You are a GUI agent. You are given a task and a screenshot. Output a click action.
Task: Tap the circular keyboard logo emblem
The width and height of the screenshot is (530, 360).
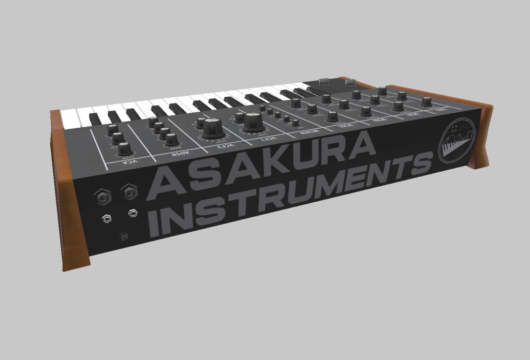pyautogui.click(x=456, y=141)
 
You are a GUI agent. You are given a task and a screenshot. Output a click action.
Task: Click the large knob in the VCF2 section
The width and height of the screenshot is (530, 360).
pyautogui.click(x=212, y=127)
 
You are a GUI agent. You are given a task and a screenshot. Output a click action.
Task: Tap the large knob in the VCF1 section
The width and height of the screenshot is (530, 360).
pyautogui.click(x=253, y=122)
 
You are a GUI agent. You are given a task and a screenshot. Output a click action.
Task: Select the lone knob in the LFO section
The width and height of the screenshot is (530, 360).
pyautogui.click(x=426, y=101)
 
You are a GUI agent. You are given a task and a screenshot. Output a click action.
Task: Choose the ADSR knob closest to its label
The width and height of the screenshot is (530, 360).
pyautogui.click(x=172, y=139)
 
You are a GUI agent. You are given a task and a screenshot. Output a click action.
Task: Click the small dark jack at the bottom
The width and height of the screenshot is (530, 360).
pyautogui.click(x=123, y=236)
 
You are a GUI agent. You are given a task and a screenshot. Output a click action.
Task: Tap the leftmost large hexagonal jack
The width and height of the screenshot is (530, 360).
pyautogui.click(x=103, y=197)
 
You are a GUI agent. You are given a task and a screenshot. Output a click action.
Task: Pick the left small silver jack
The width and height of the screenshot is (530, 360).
pyautogui.click(x=107, y=219)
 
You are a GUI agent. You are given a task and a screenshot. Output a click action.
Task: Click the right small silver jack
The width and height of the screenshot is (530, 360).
pyautogui.click(x=134, y=212)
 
